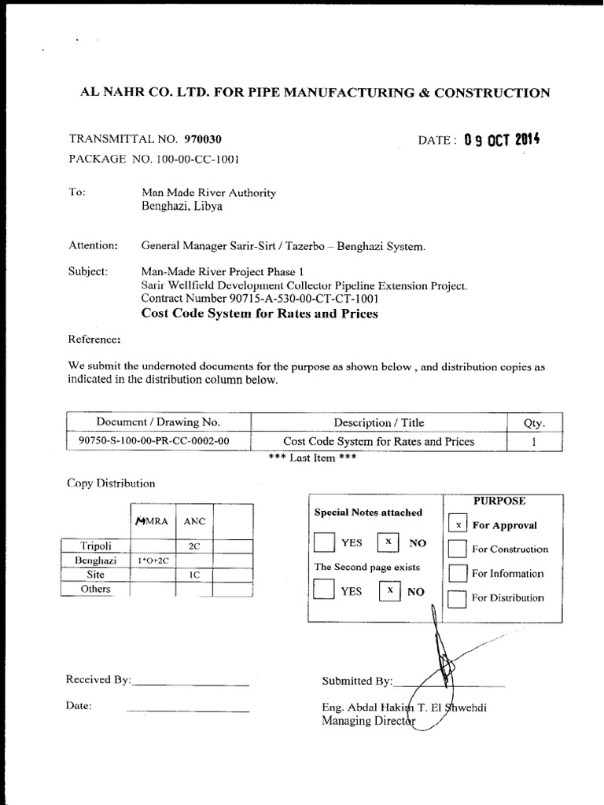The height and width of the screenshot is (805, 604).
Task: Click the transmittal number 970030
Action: click(203, 139)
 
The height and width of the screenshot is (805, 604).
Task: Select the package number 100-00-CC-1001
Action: click(190, 158)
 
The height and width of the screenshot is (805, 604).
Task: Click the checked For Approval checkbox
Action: click(458, 524)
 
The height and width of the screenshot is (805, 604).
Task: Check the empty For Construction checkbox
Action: click(458, 549)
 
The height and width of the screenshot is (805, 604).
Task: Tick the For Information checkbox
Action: click(458, 573)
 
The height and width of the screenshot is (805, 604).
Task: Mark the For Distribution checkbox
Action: click(458, 597)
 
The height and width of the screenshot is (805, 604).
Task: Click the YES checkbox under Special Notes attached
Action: click(323, 542)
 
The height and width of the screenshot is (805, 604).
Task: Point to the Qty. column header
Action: click(534, 422)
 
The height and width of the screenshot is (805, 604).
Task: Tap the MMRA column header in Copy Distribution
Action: click(152, 520)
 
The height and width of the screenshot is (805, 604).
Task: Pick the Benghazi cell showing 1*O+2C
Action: click(153, 561)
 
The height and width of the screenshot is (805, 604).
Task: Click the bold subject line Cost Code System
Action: click(259, 314)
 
